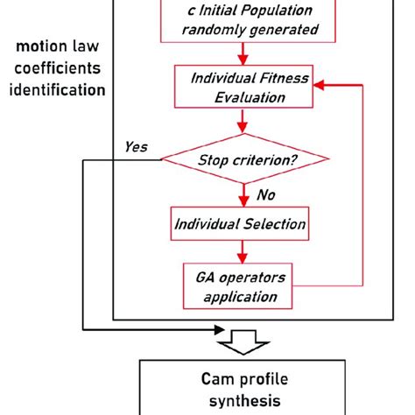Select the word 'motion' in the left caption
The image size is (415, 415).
tap(42, 47)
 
